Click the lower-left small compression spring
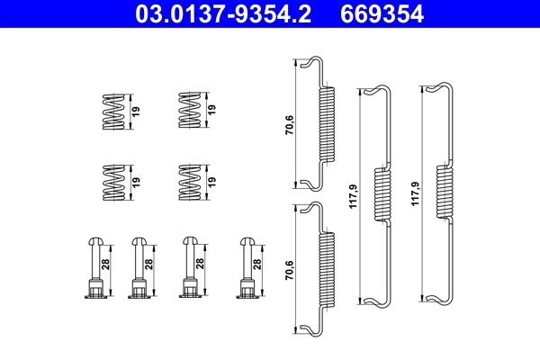112,180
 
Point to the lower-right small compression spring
189,180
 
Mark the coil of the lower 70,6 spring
327,267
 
